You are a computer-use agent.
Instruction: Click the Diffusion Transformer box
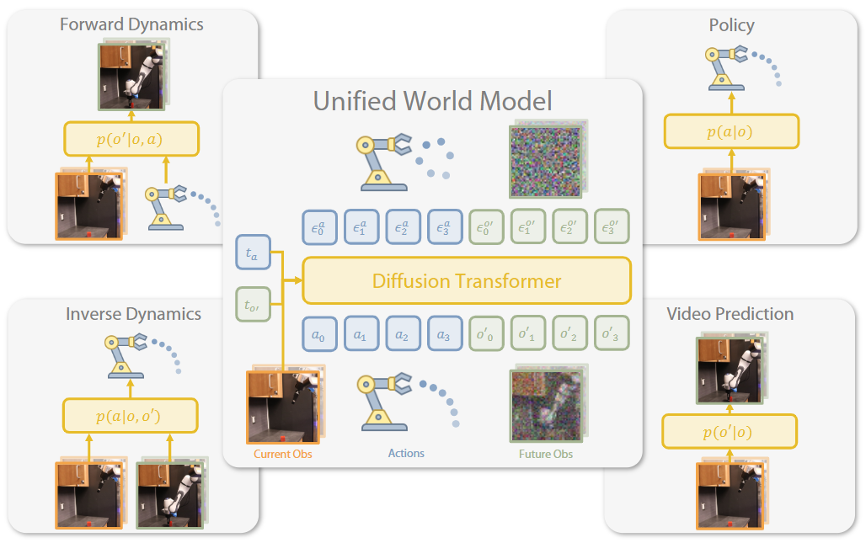[x=467, y=281]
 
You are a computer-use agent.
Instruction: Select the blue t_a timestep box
[x=253, y=253]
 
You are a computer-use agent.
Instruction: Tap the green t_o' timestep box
[x=253, y=304]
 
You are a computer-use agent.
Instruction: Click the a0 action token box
[x=319, y=333]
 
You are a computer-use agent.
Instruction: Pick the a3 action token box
[x=445, y=333]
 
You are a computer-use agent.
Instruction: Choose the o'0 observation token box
[x=486, y=333]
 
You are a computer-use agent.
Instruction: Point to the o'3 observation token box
[x=612, y=333]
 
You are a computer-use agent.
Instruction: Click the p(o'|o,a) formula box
[x=131, y=139]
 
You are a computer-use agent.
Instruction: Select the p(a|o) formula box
[x=731, y=131]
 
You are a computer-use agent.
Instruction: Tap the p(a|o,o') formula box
[x=131, y=416]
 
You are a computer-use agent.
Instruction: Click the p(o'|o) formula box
[x=729, y=432]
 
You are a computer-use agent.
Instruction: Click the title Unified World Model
[x=432, y=101]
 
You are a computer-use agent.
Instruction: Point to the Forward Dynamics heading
[x=131, y=24]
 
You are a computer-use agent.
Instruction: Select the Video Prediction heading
[x=730, y=314]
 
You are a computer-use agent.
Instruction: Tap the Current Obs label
[x=283, y=454]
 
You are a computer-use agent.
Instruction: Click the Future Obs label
[x=546, y=454]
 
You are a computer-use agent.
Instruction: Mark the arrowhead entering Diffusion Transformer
[x=297, y=280]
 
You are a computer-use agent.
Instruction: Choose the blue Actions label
[x=406, y=453]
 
